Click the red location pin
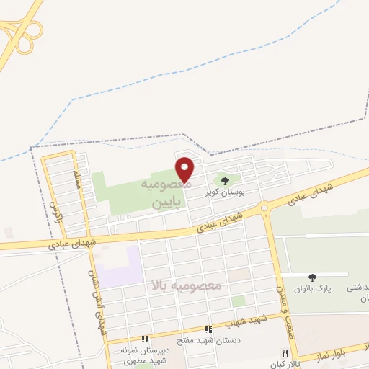coord(185,169)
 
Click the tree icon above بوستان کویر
coord(226,181)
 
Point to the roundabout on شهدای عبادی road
coord(264,208)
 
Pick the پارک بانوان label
coord(311,288)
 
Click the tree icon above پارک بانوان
coord(312,277)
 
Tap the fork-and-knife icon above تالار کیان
coord(285,353)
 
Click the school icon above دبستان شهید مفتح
coord(208,329)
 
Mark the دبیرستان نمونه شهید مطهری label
coord(144,354)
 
